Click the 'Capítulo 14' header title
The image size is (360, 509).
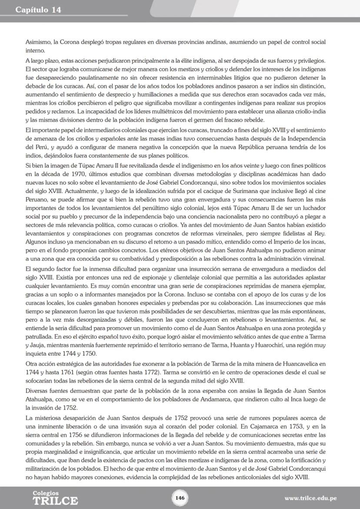tap(38, 10)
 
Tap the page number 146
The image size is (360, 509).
tap(180, 497)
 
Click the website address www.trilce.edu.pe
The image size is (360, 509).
tap(310, 498)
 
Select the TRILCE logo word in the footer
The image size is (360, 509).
tap(55, 501)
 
